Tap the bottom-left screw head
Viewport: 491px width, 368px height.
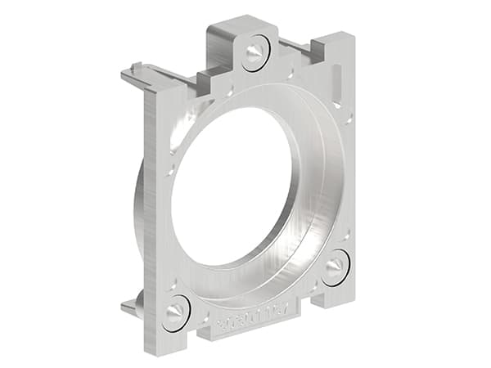[176, 312]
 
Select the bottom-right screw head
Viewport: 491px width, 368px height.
[335, 267]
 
